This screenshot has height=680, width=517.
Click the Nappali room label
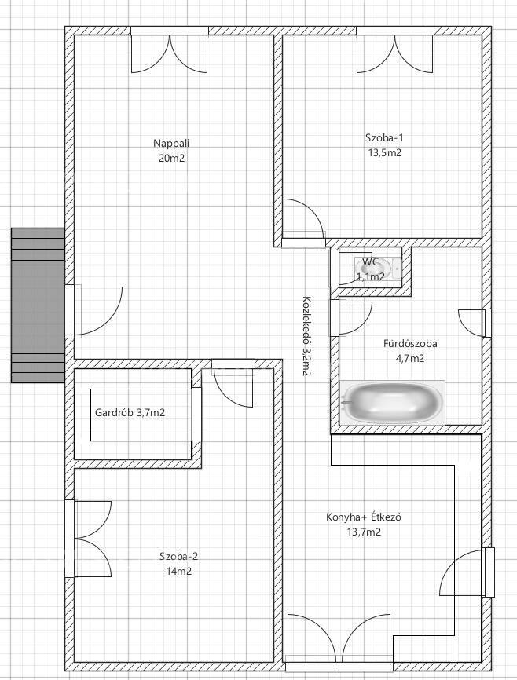click(x=171, y=143)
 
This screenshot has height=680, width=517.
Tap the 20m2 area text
click(x=171, y=159)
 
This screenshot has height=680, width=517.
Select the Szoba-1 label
click(x=384, y=138)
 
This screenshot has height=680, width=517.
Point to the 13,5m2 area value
click(x=384, y=152)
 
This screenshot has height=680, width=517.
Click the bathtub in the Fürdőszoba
click(x=392, y=403)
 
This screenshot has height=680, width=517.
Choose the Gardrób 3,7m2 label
click(x=130, y=412)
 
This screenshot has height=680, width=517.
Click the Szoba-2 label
click(x=179, y=556)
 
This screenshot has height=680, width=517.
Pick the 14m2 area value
click(x=179, y=571)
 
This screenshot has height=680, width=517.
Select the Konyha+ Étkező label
click(x=363, y=517)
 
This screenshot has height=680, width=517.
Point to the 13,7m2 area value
click(x=364, y=532)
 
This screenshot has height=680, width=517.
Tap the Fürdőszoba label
click(x=410, y=343)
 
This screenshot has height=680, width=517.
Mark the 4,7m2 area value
click(x=410, y=358)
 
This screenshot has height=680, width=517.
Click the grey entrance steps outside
click(x=38, y=305)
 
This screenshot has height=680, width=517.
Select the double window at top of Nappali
click(x=170, y=50)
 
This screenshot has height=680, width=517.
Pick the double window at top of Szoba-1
click(x=395, y=50)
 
